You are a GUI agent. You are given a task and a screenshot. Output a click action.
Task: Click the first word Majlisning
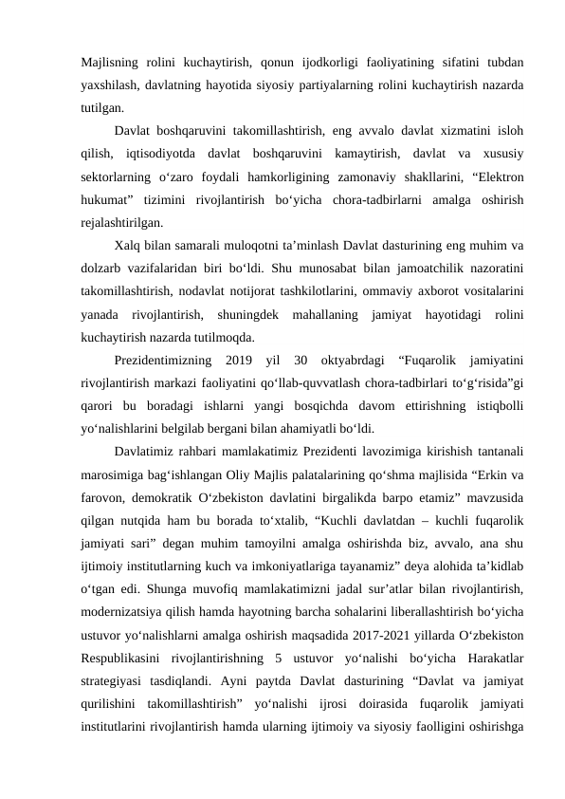tap(107, 64)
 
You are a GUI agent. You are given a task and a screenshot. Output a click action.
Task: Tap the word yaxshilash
tap(111, 86)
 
